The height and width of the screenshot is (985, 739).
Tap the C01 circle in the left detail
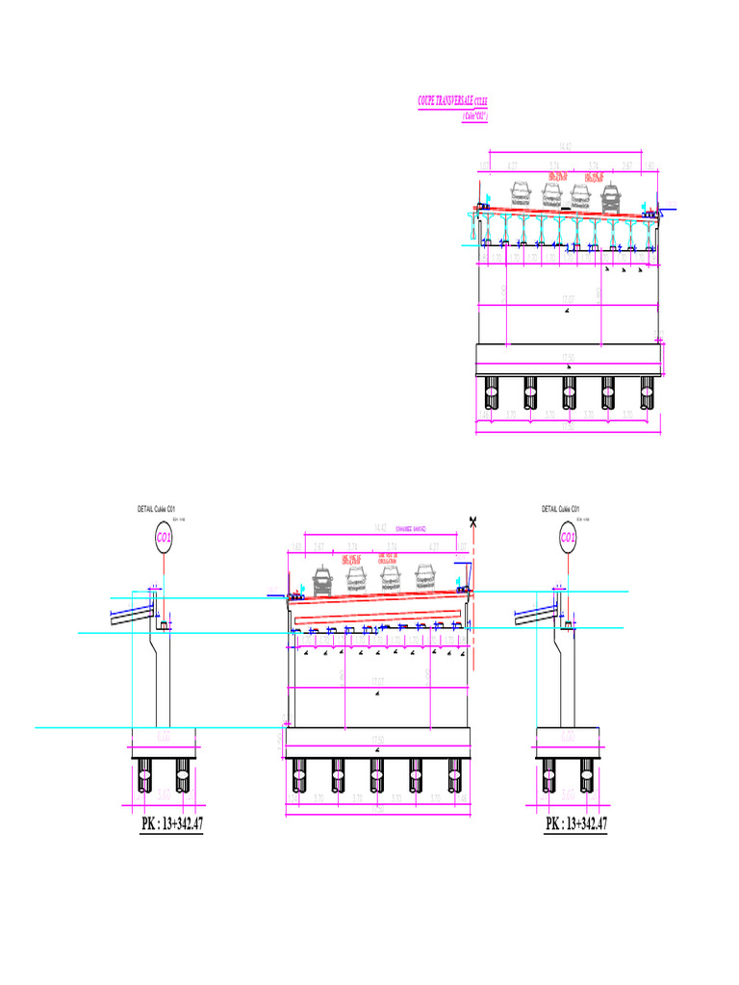(x=164, y=538)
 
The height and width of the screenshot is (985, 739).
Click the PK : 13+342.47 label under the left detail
(x=171, y=824)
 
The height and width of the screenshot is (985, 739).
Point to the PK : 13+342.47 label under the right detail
(x=576, y=824)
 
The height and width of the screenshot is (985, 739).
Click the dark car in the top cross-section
(x=611, y=197)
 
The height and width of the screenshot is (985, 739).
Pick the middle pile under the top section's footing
(x=569, y=392)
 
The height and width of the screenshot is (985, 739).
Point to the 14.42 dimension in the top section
(x=566, y=146)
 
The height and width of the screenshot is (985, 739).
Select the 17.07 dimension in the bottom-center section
(x=378, y=684)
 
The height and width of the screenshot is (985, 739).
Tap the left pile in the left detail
(x=145, y=772)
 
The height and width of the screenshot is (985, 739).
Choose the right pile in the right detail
(x=586, y=772)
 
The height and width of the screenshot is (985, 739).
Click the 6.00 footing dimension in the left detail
(x=164, y=736)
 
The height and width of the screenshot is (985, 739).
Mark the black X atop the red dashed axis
(x=472, y=521)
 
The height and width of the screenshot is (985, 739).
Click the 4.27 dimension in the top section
(x=513, y=165)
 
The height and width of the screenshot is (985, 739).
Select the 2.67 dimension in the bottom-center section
(x=319, y=546)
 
